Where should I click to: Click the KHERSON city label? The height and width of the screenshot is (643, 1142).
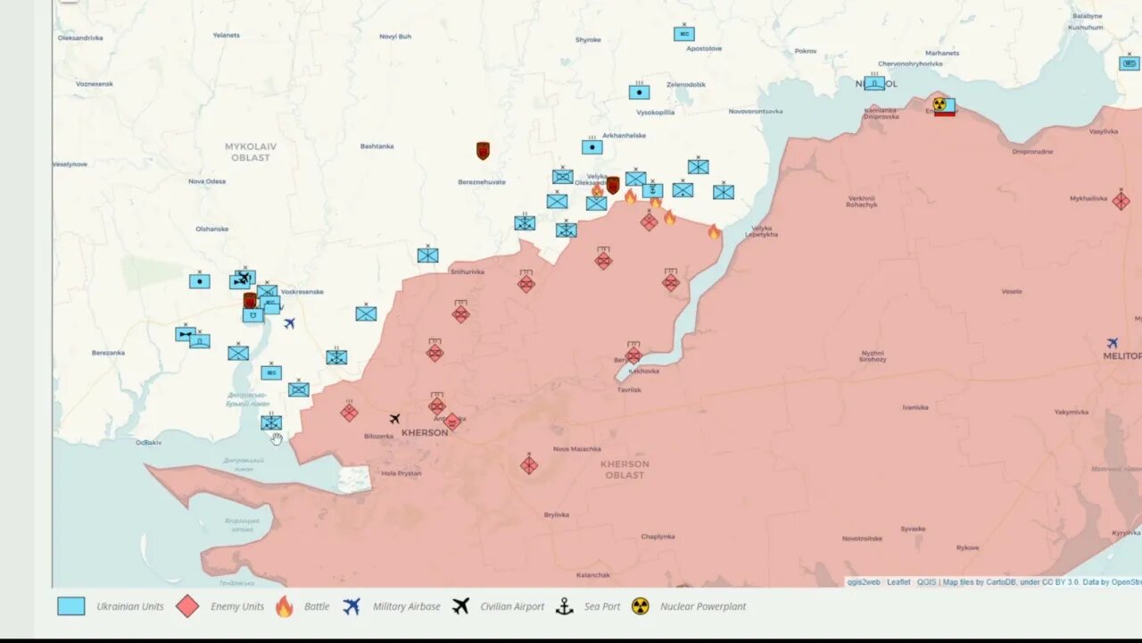[x=425, y=433]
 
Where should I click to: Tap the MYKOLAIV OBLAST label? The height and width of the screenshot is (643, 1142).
[x=251, y=152]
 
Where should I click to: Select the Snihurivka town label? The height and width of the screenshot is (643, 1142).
[x=468, y=271]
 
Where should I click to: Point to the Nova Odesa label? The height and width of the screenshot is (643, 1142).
[x=207, y=181]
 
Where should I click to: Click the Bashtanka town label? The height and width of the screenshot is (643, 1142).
[x=377, y=146]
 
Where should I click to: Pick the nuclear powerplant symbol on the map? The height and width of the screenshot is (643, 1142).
[x=939, y=104]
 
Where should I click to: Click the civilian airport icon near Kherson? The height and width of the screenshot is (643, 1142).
[x=394, y=419]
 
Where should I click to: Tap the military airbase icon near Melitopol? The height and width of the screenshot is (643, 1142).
[x=1113, y=343]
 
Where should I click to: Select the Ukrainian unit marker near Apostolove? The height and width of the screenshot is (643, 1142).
[x=684, y=34]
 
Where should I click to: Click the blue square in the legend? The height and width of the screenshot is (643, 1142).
[x=71, y=606]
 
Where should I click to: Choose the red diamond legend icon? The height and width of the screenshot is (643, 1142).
[x=187, y=606]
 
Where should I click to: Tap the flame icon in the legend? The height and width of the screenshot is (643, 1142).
[x=284, y=606]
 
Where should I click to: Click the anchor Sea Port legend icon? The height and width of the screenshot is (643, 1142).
[x=564, y=606]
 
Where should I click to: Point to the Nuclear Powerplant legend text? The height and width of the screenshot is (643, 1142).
[x=703, y=606]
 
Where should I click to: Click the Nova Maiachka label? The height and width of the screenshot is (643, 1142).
[x=577, y=449]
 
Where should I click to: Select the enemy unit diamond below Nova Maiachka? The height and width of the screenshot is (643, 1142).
[x=529, y=465]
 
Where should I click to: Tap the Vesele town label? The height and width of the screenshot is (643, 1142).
[x=1012, y=291]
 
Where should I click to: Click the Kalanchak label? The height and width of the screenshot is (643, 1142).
[x=593, y=575]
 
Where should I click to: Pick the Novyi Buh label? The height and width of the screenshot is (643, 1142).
[x=395, y=37]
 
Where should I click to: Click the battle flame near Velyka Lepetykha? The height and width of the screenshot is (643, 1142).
[x=714, y=232]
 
